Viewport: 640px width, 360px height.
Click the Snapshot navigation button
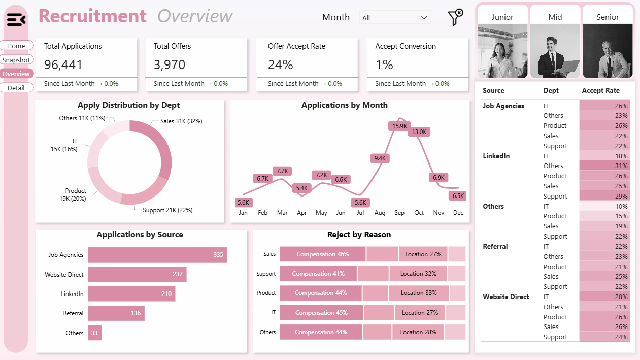[x=16, y=60]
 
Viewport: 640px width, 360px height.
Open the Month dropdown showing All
[x=394, y=18]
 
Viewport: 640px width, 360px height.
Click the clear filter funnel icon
[x=455, y=17]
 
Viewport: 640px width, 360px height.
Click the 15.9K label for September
[x=399, y=126]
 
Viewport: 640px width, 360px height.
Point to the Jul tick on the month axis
[x=360, y=213]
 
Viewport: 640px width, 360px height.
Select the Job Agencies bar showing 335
[x=157, y=255]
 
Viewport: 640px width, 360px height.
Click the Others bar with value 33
[x=94, y=333]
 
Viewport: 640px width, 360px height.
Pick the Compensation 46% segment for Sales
[x=323, y=254]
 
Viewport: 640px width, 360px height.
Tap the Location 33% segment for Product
[x=419, y=293]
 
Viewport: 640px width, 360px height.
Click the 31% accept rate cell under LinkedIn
[x=605, y=166]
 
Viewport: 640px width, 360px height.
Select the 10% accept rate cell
[x=605, y=206]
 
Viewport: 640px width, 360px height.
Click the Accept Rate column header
[x=600, y=91]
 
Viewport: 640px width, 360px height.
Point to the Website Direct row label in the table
[x=506, y=297]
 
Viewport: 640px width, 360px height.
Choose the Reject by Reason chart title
[x=359, y=235]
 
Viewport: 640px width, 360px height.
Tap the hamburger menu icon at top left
[x=16, y=20]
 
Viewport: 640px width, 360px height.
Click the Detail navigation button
[x=16, y=88]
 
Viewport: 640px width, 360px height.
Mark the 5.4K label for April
[x=301, y=188]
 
